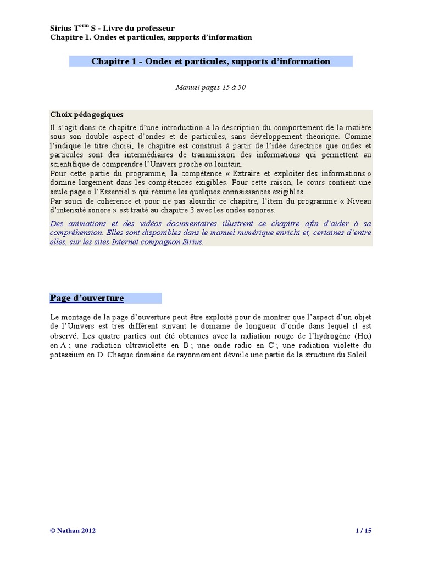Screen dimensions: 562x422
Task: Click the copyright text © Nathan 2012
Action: click(73, 531)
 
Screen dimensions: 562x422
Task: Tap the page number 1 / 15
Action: click(364, 531)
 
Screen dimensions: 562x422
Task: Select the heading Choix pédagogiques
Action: click(87, 115)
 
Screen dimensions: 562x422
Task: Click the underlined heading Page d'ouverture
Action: click(87, 298)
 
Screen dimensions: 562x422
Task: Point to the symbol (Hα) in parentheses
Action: click(362, 336)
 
